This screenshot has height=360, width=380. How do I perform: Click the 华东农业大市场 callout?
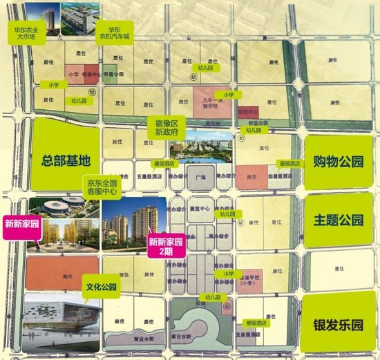coord(31,35)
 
